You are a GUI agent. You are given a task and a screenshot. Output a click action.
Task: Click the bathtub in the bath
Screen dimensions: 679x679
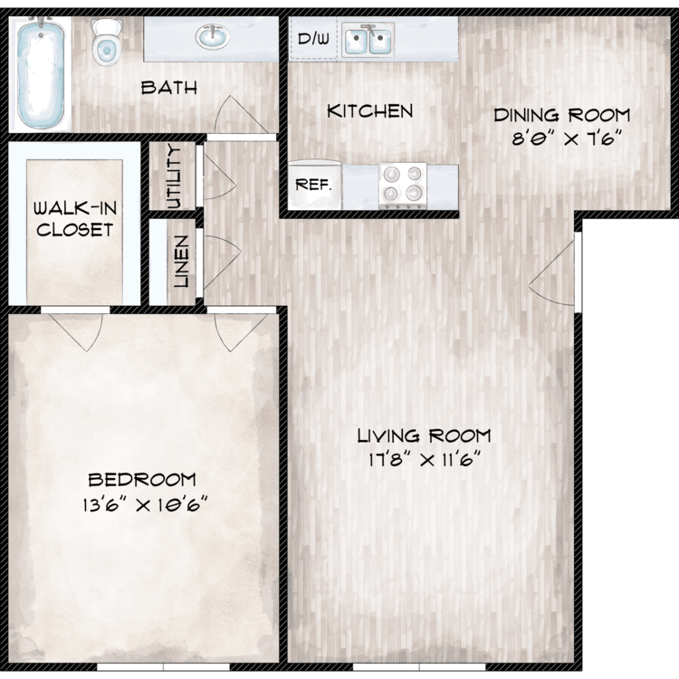[x=40, y=74]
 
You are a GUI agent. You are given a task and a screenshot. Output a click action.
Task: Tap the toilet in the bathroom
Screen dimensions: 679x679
[x=106, y=43]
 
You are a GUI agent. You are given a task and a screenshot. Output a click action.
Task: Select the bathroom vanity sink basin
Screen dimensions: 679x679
[x=213, y=36]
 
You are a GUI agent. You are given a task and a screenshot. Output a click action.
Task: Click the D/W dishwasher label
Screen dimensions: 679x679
[x=313, y=39]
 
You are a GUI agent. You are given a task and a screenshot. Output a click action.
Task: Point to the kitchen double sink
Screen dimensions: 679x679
[x=368, y=40]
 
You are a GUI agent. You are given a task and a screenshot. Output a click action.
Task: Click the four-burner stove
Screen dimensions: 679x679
[x=403, y=185]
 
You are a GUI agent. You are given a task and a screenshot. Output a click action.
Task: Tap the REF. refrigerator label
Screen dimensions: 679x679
[x=313, y=185]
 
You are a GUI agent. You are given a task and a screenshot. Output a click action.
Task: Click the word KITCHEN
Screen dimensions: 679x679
[x=369, y=111]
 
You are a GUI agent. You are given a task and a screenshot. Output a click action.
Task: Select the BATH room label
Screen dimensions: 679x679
[x=169, y=88]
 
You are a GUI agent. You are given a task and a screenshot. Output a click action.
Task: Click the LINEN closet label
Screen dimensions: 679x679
[x=181, y=262]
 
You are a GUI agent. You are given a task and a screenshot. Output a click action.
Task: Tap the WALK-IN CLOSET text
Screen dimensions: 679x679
[x=75, y=219]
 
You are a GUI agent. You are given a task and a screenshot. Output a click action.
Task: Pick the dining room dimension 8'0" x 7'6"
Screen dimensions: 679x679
[x=567, y=139]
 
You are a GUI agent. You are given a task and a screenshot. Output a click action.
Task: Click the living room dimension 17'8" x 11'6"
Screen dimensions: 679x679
[x=425, y=459]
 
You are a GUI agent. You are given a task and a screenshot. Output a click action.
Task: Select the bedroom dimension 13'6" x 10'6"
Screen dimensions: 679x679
[x=145, y=504]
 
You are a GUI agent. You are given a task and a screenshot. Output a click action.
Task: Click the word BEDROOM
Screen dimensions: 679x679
[x=142, y=480]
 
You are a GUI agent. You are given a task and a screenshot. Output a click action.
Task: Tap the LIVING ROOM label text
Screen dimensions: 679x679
[x=424, y=435]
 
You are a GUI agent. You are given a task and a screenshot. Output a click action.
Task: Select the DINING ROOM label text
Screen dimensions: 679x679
[x=562, y=115]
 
